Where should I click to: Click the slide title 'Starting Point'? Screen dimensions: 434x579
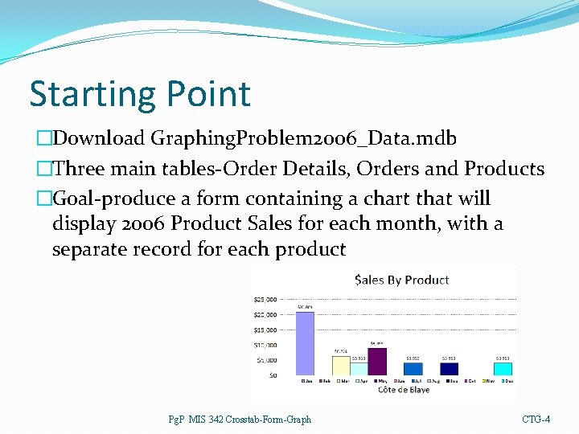click(140, 94)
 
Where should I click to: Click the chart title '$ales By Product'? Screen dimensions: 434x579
click(401, 280)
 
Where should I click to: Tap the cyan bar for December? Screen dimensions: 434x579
click(503, 368)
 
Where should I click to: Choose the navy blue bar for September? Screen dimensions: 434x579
click(450, 368)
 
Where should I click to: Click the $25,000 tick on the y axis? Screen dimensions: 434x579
click(265, 300)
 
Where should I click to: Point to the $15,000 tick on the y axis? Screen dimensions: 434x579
click(265, 330)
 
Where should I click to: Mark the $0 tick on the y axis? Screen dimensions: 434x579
click(273, 375)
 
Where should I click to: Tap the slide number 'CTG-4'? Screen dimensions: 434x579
click(536, 419)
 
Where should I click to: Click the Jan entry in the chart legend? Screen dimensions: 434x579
click(306, 381)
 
